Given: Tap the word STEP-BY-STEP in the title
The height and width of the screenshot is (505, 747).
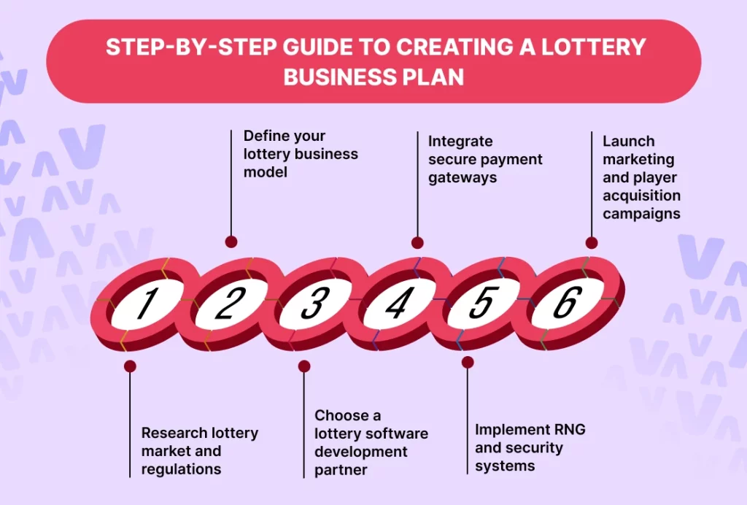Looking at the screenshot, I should [187, 47].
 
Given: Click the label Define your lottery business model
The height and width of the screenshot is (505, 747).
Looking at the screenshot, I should [301, 154].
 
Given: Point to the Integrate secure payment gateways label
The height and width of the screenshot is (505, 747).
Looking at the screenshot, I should [485, 159].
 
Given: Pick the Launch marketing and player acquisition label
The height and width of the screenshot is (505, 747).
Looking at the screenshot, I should [641, 177].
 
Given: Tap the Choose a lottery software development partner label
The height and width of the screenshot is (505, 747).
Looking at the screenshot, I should [371, 443].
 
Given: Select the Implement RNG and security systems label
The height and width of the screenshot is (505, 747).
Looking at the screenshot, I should [530, 447].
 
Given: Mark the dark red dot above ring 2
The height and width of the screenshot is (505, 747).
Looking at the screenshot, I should [231, 242].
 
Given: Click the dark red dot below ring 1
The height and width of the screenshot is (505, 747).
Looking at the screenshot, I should [130, 366].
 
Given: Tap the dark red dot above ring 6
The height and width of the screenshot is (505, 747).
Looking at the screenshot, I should [592, 243].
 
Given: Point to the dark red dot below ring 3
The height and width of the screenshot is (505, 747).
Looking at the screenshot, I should [304, 366].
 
